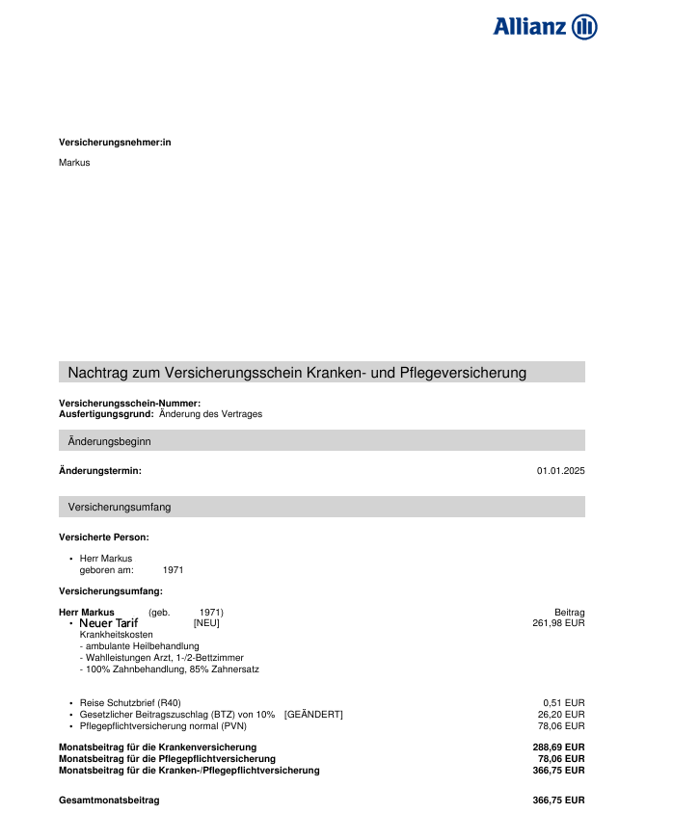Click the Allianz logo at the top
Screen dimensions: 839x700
pyautogui.click(x=545, y=26)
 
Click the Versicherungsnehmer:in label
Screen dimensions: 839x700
pyautogui.click(x=115, y=143)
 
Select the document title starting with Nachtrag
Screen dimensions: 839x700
pyautogui.click(x=297, y=373)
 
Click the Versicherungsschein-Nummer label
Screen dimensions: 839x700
pyautogui.click(x=129, y=403)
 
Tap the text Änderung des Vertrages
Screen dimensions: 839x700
pyautogui.click(x=210, y=414)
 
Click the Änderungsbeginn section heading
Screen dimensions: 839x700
pyautogui.click(x=109, y=441)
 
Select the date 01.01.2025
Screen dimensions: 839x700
pyautogui.click(x=560, y=471)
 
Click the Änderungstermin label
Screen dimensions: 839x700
pyautogui.click(x=100, y=471)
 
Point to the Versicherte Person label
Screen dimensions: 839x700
pyautogui.click(x=104, y=537)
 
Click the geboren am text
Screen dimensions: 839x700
pyautogui.click(x=106, y=570)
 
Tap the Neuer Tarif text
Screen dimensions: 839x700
pyautogui.click(x=108, y=624)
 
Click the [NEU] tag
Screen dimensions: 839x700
pyautogui.click(x=206, y=623)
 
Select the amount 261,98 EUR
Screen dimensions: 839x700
pyautogui.click(x=558, y=623)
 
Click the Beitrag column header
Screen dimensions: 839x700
pyautogui.click(x=569, y=613)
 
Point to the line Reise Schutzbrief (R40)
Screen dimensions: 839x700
pyautogui.click(x=130, y=702)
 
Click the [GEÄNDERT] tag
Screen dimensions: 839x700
pyautogui.click(x=313, y=714)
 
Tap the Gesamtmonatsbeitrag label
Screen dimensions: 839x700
pyautogui.click(x=109, y=800)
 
